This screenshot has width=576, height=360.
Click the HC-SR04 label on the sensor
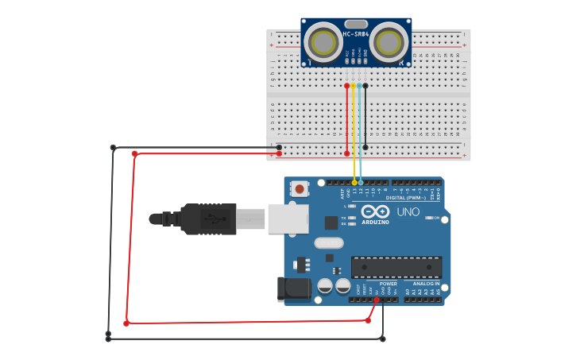pyautogui.click(x=356, y=34)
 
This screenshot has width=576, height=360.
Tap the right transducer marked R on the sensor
pyautogui.click(x=389, y=42)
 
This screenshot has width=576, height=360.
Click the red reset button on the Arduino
pyautogui.click(x=300, y=189)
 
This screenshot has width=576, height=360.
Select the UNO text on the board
pyautogui.click(x=408, y=212)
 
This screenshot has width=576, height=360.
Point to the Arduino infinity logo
pyautogui.click(x=375, y=211)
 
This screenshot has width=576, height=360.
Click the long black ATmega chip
pyautogui.click(x=396, y=268)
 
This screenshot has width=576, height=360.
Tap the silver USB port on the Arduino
pyautogui.click(x=288, y=219)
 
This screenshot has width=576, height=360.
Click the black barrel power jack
pyautogui.click(x=292, y=289)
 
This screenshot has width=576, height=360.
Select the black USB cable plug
pyautogui.click(x=208, y=219)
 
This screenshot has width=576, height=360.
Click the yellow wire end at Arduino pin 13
pyautogui.click(x=354, y=183)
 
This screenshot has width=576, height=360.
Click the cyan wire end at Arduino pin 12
pyautogui.click(x=361, y=183)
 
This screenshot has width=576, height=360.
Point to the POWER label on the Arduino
pyautogui.click(x=389, y=284)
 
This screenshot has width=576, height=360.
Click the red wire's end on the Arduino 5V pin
pyautogui.click(x=376, y=300)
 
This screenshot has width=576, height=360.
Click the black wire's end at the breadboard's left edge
pyautogui.click(x=279, y=147)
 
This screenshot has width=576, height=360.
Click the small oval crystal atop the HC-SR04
pyautogui.click(x=356, y=24)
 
